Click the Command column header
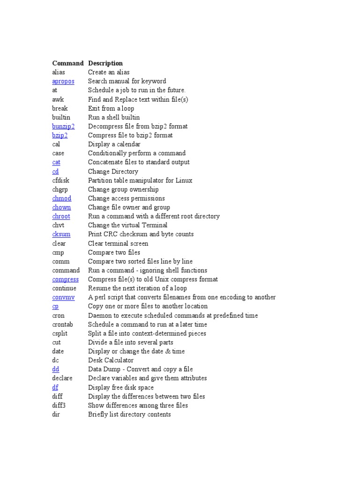[x=68, y=63]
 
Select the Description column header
[x=105, y=63]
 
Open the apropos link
[x=63, y=82]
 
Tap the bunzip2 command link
[x=63, y=127]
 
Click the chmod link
[x=62, y=199]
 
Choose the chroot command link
[x=61, y=217]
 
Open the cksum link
[x=61, y=234]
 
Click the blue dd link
[x=56, y=369]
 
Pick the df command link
[x=55, y=388]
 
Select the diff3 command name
[x=59, y=405]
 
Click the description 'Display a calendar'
[x=114, y=144]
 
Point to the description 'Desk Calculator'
[x=111, y=360]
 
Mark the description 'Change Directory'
[x=113, y=172]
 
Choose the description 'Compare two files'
[x=114, y=253]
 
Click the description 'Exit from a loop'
[x=111, y=108]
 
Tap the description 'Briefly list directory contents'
[x=129, y=415]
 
